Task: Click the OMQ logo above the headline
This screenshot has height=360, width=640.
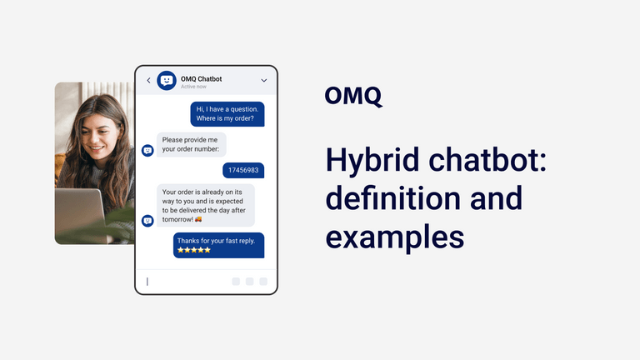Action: (353, 97)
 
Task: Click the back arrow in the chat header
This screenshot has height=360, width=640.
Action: (148, 81)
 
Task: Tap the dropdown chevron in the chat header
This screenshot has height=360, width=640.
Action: (264, 81)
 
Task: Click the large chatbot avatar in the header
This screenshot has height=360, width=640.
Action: (167, 81)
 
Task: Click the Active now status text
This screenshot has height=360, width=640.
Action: (193, 87)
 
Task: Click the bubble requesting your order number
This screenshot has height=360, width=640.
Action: (191, 144)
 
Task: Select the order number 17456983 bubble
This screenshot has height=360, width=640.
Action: (243, 170)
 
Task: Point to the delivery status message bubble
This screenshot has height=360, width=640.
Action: (206, 205)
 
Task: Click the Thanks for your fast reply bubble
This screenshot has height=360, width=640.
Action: (218, 244)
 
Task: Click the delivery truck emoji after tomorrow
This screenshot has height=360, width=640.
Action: (197, 219)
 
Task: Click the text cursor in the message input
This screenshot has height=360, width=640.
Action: (147, 282)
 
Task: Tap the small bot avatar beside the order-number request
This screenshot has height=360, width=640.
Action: (147, 151)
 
